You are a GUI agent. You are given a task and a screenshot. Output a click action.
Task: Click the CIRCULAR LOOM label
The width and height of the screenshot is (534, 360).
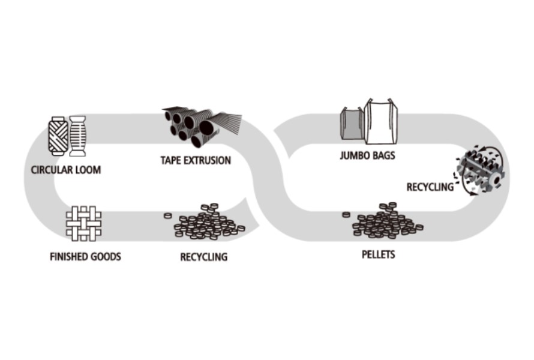(66, 170)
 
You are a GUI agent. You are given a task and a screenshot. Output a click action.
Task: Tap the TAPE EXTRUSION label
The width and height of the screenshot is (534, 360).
(196, 160)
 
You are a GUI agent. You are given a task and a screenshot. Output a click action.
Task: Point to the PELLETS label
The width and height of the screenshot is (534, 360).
(378, 254)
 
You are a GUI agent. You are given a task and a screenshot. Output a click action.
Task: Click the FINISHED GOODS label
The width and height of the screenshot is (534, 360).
(85, 257)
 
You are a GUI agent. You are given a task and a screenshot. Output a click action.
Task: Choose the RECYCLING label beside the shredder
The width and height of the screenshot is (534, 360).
(430, 187)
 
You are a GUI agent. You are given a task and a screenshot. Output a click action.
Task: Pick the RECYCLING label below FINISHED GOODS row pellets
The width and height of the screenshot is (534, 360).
(204, 257)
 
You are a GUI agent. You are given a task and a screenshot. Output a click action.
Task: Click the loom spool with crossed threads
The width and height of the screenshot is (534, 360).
(58, 136)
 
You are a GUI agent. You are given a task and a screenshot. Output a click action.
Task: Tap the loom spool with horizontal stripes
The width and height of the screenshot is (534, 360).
(78, 136)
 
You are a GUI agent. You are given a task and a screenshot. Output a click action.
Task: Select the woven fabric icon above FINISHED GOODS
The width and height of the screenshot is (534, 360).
(84, 223)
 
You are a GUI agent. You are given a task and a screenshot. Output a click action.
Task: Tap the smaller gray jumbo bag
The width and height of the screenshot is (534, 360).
(352, 125)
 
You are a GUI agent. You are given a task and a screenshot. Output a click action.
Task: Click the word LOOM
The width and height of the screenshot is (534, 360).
(88, 170)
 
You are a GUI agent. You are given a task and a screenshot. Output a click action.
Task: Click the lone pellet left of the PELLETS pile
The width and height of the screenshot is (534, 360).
(346, 215)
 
